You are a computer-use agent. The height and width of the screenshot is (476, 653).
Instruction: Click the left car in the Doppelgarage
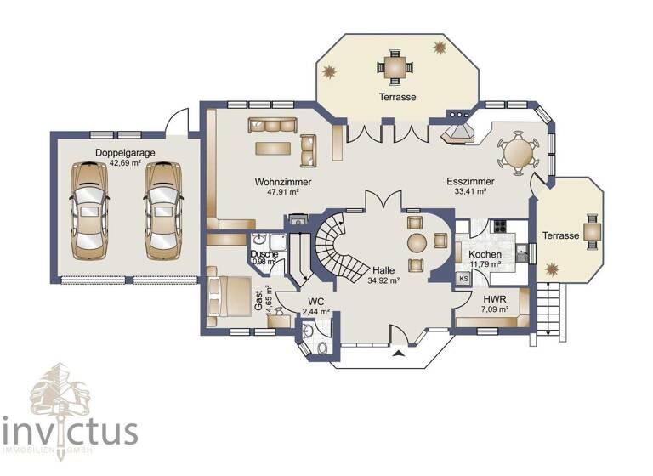(x=90, y=210)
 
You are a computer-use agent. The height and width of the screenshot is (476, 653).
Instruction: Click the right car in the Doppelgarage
(x=162, y=210)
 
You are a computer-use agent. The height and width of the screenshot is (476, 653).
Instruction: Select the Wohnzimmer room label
(x=282, y=182)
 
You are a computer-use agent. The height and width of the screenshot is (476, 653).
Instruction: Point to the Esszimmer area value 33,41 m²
(x=470, y=192)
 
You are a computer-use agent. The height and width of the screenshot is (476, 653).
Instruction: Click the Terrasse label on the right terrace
(x=561, y=235)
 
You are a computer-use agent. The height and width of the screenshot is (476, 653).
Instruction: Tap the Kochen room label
(x=485, y=254)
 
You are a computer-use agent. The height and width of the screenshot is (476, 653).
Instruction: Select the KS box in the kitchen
(x=463, y=279)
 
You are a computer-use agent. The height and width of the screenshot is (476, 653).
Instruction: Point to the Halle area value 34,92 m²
(x=383, y=280)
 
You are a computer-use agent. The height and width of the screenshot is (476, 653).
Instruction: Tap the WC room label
(x=315, y=302)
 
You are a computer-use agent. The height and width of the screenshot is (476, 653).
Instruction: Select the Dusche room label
(x=264, y=252)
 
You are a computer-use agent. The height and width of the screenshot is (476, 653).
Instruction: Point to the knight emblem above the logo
(x=60, y=389)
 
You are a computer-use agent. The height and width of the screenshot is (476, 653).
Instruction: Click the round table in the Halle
(x=417, y=242)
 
